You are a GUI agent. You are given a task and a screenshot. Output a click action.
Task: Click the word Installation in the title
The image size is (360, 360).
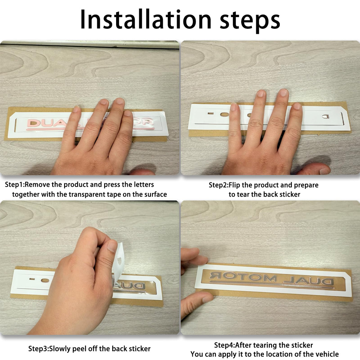click(146, 19)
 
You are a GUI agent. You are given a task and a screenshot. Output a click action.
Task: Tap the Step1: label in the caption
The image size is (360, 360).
click(15, 185)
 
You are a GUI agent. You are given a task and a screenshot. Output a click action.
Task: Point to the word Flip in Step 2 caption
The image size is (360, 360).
click(235, 185)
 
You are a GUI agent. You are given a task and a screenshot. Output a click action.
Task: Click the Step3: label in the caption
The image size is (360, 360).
click(39, 349)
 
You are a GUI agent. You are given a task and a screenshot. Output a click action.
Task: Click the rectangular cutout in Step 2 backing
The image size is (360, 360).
click(211, 113)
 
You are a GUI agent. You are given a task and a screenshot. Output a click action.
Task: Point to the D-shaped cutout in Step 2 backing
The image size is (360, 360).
click(325, 117)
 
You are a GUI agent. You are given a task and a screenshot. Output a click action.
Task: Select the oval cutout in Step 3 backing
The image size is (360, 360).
click(45, 280)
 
